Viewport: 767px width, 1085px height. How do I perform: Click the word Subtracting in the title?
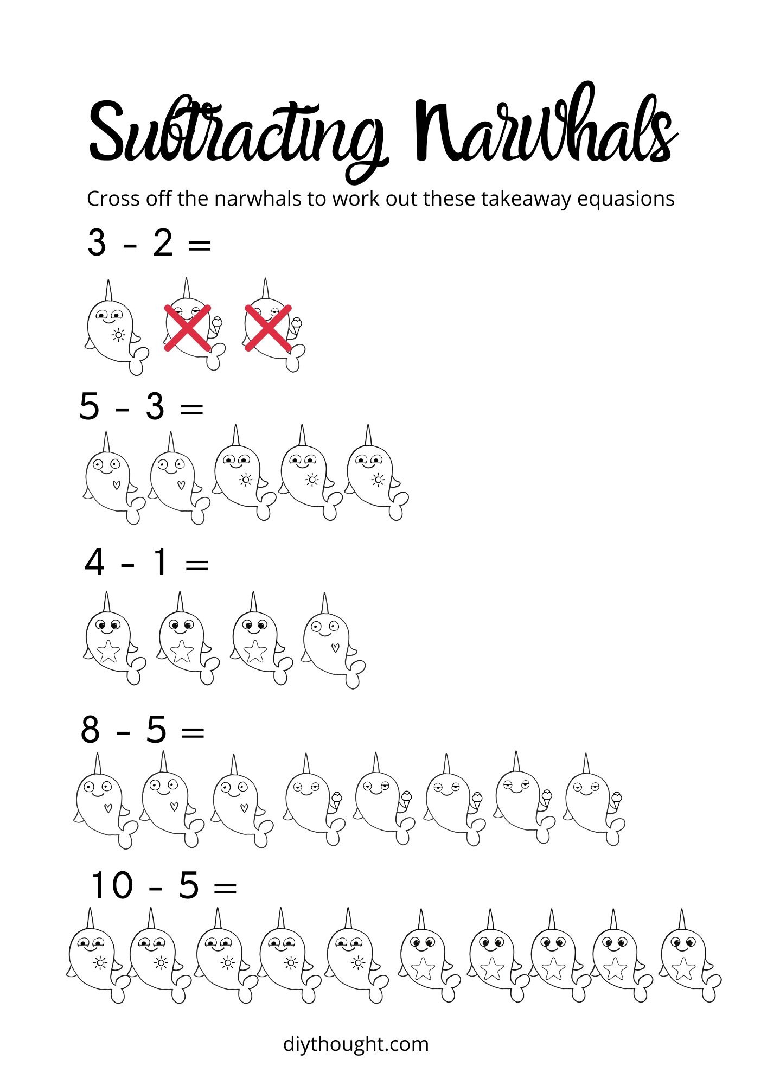[x=236, y=133]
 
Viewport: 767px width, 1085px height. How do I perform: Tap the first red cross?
[x=188, y=328]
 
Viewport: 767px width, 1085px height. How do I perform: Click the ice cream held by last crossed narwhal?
[x=296, y=324]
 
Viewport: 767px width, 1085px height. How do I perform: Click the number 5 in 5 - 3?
[x=90, y=406]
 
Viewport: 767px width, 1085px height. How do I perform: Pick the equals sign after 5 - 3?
[x=191, y=409]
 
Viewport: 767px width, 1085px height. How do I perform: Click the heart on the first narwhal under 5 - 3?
[x=116, y=484]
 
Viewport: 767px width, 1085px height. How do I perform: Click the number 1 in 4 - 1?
[x=160, y=562]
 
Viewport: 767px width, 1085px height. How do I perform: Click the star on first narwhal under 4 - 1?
[x=108, y=651]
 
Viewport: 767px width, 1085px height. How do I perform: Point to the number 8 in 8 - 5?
[x=91, y=730]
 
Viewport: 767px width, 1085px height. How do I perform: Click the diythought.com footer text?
[x=356, y=1044]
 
